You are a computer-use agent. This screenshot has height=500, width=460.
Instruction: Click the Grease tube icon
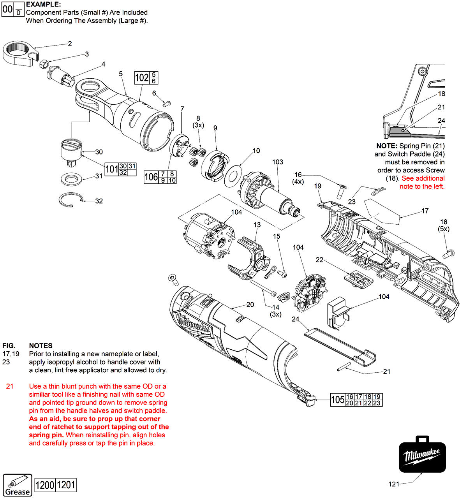click(18, 485)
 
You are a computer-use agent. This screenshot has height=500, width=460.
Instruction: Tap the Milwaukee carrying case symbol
click(422, 454)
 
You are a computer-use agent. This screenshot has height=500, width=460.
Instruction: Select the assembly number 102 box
click(142, 78)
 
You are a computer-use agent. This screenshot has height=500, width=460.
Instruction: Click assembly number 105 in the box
click(337, 400)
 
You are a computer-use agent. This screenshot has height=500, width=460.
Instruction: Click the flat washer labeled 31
click(72, 179)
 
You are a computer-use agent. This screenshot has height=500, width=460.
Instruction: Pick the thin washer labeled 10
click(233, 175)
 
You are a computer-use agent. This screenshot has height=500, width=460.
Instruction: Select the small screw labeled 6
click(167, 104)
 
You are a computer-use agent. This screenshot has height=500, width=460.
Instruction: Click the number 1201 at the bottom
click(66, 485)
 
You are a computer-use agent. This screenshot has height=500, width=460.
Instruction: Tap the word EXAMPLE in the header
click(43, 4)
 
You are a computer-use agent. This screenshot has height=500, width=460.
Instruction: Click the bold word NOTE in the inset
click(386, 146)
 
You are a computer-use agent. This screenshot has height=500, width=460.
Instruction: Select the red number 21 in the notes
click(10, 386)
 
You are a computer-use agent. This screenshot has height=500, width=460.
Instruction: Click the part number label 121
click(394, 484)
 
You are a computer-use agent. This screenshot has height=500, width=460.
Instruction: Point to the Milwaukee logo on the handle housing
click(195, 324)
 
